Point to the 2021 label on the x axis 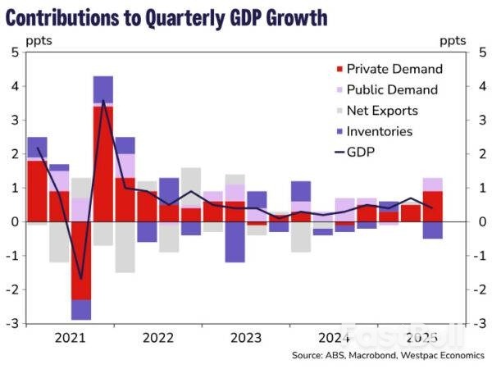70,338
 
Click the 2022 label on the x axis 157,338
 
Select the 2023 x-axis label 245,338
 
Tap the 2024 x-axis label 334,338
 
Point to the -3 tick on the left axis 11,324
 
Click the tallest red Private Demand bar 102,164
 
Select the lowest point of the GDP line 81,279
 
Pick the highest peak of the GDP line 102,100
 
